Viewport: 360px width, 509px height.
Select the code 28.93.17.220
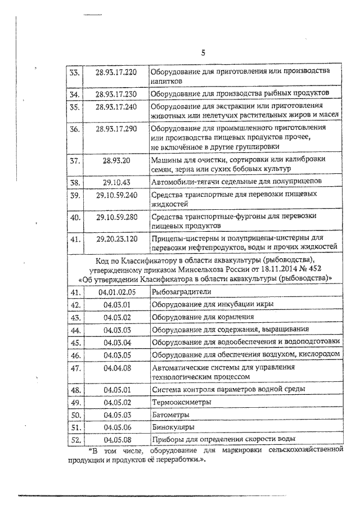coord(116,73)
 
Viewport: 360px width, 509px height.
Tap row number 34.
coord(74,93)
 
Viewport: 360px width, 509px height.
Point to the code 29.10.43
coord(116,182)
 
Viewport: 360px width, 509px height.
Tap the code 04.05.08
coord(116,440)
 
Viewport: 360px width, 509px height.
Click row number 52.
coord(74,440)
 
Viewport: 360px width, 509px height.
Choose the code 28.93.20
coord(116,160)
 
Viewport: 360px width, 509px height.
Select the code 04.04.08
coord(116,368)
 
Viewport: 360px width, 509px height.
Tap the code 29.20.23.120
coord(116,238)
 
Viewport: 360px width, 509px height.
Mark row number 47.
coord(74,368)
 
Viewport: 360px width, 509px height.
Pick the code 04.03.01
coord(116,304)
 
